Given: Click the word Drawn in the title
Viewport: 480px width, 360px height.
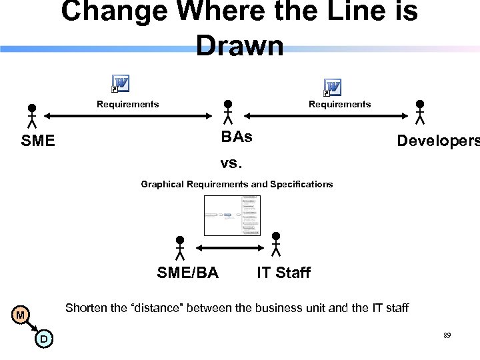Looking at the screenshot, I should [240, 45].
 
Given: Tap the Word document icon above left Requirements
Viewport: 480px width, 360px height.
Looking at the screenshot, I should [121, 84].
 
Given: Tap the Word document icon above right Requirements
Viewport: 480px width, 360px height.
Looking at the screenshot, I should [332, 87].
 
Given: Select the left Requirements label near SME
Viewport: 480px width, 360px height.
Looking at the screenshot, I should [128, 104].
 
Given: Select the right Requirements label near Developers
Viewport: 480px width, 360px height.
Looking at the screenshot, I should [339, 104].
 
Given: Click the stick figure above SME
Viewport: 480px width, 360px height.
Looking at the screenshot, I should [31, 115].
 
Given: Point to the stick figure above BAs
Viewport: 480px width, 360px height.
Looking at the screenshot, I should [228, 113].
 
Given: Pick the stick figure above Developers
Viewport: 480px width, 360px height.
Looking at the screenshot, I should [420, 113].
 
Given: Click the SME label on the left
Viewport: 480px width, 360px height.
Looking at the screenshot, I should [38, 141].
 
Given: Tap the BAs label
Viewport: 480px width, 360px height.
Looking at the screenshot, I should [237, 137].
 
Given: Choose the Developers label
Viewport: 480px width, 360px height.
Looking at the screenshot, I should [437, 141].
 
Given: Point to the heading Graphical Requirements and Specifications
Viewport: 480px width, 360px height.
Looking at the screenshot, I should [237, 184].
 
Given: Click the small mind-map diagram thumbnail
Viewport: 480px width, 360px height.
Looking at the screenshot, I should [232, 215].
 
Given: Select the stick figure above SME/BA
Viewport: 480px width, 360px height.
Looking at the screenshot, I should [179, 247].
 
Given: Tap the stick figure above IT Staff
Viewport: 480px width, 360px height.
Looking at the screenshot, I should [276, 244].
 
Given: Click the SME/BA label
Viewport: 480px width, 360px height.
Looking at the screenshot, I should [187, 272].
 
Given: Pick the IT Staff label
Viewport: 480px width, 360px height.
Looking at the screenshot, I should [283, 272].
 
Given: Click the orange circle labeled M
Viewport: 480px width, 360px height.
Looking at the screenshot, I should [21, 315].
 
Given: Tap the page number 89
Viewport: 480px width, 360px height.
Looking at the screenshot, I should [447, 335].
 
